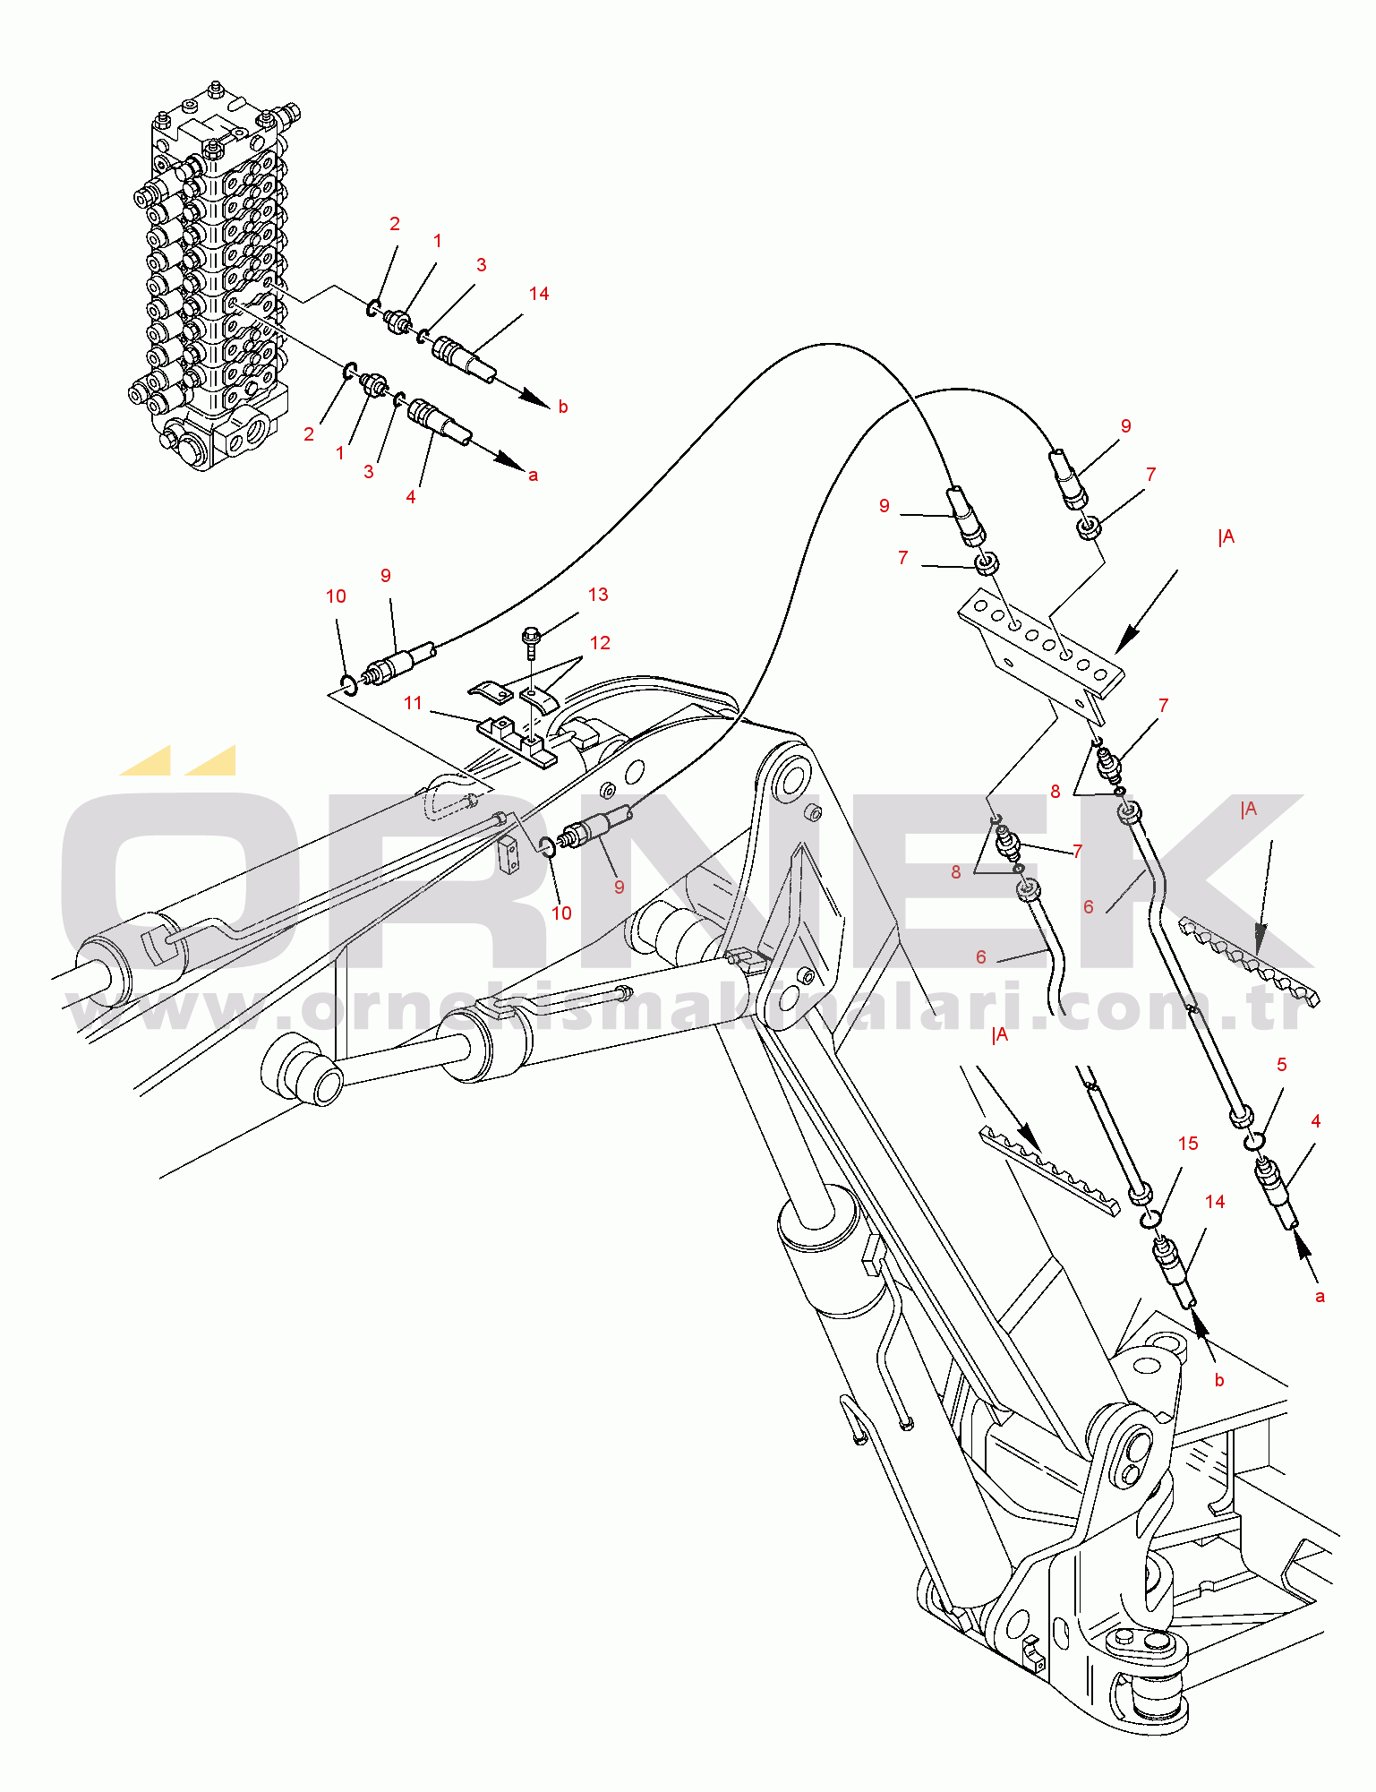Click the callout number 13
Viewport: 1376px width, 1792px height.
pyautogui.click(x=598, y=595)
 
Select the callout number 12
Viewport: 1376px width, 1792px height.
pyautogui.click(x=600, y=643)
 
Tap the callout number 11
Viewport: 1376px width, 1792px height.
pyautogui.click(x=413, y=703)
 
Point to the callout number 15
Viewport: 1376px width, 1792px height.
pyautogui.click(x=1188, y=1144)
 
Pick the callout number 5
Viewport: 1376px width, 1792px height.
pyautogui.click(x=1282, y=1065)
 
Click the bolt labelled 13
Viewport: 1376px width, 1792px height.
pyautogui.click(x=529, y=638)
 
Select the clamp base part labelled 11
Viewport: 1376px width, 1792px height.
pyautogui.click(x=517, y=739)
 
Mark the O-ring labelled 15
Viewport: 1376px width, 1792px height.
pyautogui.click(x=1152, y=1218)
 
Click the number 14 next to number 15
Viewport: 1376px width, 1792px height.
pyautogui.click(x=1215, y=1202)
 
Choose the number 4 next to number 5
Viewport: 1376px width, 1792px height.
pyautogui.click(x=1316, y=1121)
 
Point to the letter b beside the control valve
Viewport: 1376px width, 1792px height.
pyautogui.click(x=563, y=407)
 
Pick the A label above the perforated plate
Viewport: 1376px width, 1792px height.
pyautogui.click(x=1226, y=537)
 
